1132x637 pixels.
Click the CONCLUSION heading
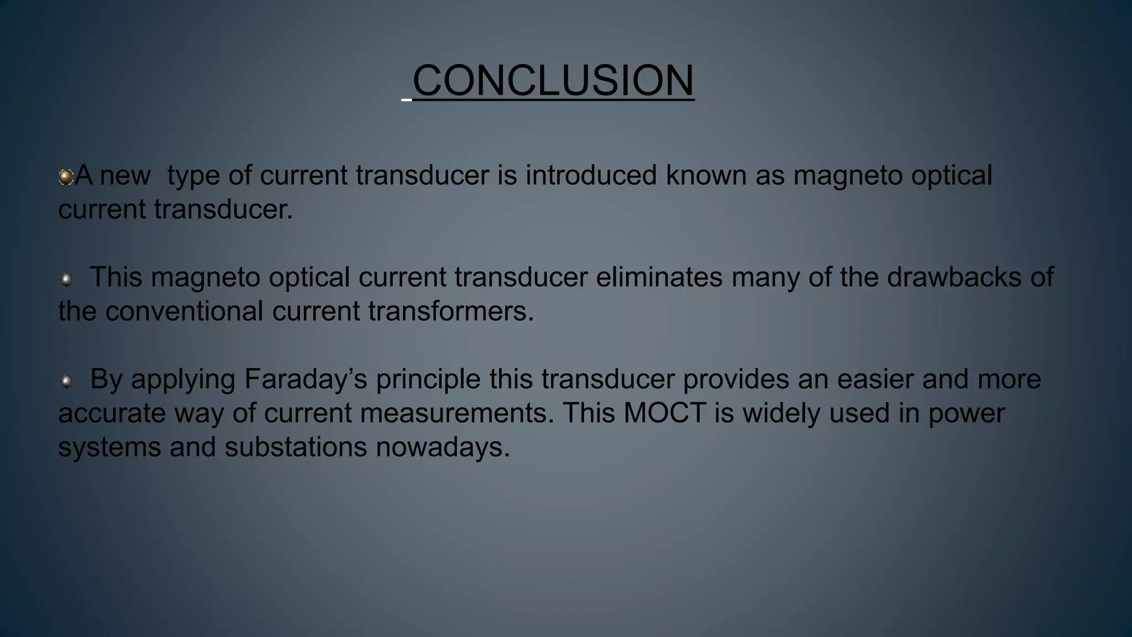553,80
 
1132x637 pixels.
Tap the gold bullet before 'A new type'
66,177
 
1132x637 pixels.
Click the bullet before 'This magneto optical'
66,279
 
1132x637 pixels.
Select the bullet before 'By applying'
66,381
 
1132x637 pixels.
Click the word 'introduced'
591,175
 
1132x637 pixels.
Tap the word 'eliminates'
659,277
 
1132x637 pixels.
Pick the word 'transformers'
451,311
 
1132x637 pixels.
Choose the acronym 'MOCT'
664,414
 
